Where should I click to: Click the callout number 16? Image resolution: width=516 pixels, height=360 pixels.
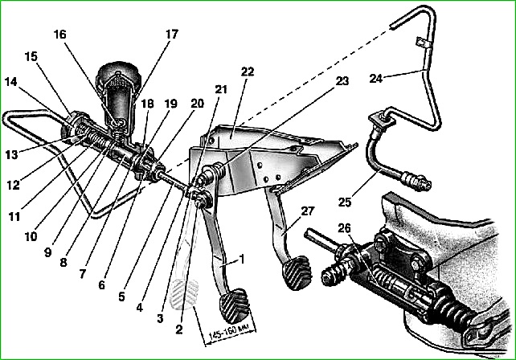click(60, 35)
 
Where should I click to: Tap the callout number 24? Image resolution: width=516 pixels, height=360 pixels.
click(376, 79)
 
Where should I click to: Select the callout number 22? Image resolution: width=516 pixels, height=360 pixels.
click(248, 72)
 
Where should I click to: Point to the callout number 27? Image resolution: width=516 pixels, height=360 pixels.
click(307, 211)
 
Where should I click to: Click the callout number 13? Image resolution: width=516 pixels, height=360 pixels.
click(11, 154)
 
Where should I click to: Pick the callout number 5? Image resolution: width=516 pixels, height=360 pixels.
click(121, 297)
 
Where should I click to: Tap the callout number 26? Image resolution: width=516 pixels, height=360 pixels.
click(344, 228)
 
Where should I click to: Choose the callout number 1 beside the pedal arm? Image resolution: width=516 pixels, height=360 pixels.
click(242, 259)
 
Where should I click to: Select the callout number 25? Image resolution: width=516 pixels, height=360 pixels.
click(345, 202)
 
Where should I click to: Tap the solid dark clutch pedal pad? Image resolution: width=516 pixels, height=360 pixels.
click(235, 305)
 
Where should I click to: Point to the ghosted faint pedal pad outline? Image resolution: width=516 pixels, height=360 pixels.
click(183, 294)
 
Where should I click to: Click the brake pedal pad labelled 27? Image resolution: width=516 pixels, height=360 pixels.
click(296, 272)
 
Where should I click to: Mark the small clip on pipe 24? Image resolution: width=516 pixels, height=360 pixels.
click(422, 43)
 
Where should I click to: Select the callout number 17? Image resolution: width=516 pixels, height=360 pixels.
click(171, 34)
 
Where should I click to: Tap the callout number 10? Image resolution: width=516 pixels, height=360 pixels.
click(31, 236)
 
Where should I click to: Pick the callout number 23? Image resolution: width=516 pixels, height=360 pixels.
click(342, 80)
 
